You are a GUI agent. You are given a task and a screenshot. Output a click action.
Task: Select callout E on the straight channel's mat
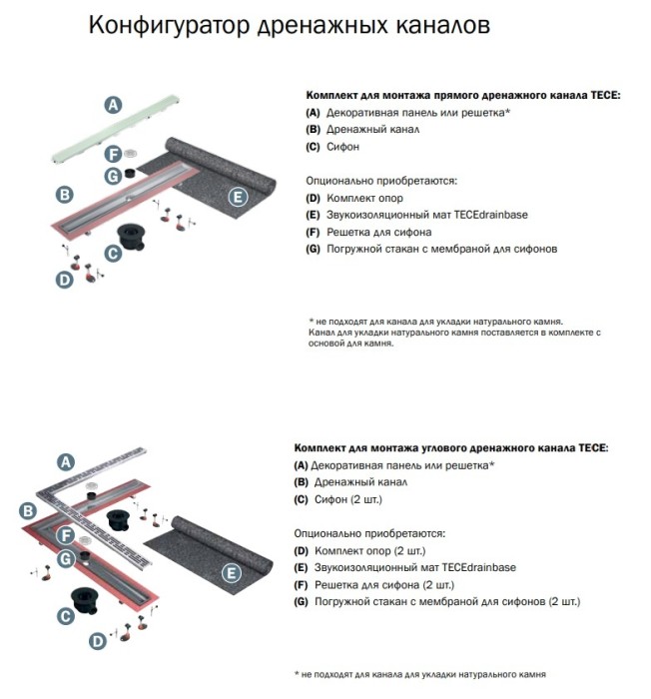click(237, 197)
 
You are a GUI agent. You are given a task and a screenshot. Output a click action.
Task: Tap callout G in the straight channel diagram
click(113, 175)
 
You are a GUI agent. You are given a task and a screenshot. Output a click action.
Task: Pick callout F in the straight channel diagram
click(113, 154)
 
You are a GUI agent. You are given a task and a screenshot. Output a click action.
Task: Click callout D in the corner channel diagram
click(97, 641)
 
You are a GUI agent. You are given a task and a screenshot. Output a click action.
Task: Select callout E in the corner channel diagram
click(231, 573)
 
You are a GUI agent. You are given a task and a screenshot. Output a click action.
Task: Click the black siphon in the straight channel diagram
click(132, 237)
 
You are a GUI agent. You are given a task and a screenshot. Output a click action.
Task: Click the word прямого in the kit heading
click(429, 95)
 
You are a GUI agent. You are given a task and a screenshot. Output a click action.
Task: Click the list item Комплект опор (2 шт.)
click(364, 550)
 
